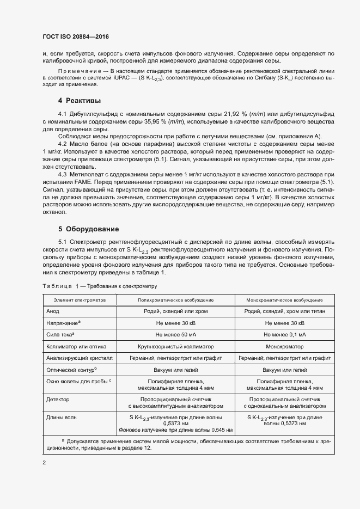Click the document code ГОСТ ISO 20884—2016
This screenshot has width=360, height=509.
point(76,36)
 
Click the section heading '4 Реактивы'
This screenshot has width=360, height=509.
point(80,101)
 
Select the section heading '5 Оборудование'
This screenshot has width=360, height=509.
point(88,229)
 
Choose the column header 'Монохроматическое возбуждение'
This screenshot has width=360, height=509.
point(284,300)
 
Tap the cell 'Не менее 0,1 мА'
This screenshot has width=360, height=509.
point(284,334)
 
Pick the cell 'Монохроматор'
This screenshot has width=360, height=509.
point(284,346)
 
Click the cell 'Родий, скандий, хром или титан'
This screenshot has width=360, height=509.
point(284,311)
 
